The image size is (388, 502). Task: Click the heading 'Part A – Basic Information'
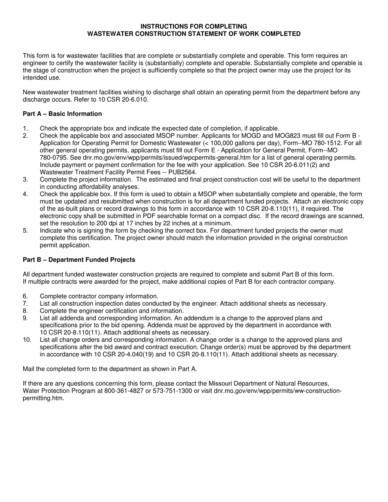click(62, 114)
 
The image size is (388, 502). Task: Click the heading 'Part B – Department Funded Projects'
click(79, 260)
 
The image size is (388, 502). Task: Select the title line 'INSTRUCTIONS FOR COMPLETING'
click(194, 27)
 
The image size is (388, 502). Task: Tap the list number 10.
click(27, 340)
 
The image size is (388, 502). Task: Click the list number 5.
click(25, 231)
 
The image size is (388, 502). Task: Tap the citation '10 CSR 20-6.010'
click(125, 100)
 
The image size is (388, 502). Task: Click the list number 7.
click(25, 304)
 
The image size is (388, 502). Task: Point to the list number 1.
click(25, 129)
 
